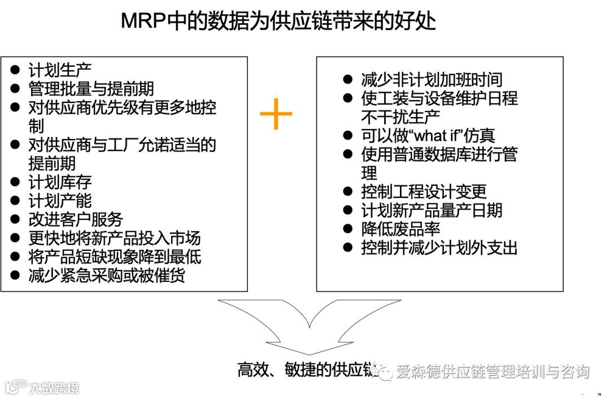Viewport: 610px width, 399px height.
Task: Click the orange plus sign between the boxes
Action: [276, 114]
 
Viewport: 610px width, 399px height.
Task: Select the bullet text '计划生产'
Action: [60, 71]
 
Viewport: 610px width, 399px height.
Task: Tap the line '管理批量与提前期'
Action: [91, 89]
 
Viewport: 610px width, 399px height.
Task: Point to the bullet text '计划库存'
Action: [60, 182]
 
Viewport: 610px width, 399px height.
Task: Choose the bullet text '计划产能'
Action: [60, 201]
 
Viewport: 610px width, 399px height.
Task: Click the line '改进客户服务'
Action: [76, 219]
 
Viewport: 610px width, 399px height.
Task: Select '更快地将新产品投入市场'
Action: [115, 238]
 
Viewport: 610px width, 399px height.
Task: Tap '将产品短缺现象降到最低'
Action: [115, 257]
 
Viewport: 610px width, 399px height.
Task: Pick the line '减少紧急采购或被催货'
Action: [107, 275]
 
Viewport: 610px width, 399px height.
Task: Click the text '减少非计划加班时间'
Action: [432, 80]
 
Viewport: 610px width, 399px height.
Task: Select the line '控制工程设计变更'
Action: [424, 192]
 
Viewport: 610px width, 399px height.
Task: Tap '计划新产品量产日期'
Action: [432, 210]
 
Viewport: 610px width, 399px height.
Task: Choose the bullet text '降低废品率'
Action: [400, 229]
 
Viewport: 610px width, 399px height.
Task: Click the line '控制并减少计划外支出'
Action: [439, 248]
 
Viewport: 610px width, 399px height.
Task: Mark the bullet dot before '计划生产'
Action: [16, 71]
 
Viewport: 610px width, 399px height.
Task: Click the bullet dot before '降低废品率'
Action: [348, 228]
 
